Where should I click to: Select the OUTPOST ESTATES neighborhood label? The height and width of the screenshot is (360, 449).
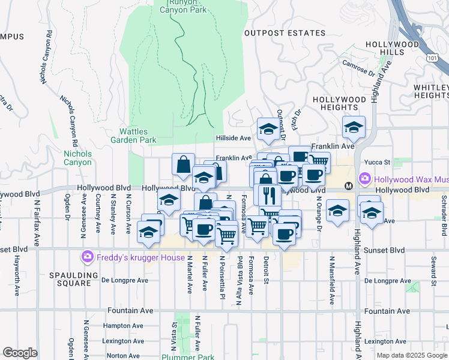pos(285,34)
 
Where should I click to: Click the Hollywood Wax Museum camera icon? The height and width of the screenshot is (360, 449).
pos(364,179)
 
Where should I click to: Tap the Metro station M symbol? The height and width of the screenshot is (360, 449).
pos(348,187)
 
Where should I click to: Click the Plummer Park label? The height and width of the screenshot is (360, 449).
pos(188,357)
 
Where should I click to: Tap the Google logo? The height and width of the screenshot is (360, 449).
pos(20,353)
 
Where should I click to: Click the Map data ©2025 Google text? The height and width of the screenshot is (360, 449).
pos(411,355)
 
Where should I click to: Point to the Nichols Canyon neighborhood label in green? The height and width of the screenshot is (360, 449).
pos(77,158)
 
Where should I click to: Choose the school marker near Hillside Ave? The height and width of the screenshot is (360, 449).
pos(267,128)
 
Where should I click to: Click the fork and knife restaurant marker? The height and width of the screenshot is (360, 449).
pos(267,194)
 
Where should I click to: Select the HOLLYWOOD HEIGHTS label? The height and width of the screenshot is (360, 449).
pos(340,103)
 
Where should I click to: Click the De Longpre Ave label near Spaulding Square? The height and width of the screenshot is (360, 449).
pos(124,280)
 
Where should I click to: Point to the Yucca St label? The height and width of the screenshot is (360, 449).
pos(378,162)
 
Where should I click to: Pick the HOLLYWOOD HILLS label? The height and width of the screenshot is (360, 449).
pos(393,49)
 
